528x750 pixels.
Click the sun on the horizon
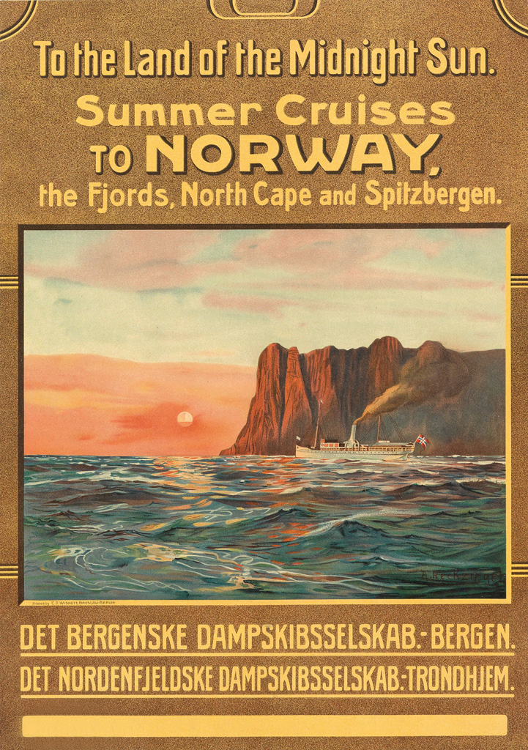pyautogui.click(x=185, y=419)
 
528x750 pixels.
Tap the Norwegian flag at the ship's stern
pyautogui.click(x=421, y=441)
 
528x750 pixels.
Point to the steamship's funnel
pyautogui.click(x=354, y=433)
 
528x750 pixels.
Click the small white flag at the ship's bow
pyautogui.click(x=298, y=439)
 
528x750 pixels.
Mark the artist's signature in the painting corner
pyautogui.click(x=461, y=577)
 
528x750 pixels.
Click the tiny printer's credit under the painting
pyautogui.click(x=70, y=604)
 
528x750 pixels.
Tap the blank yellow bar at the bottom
pyautogui.click(x=264, y=725)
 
